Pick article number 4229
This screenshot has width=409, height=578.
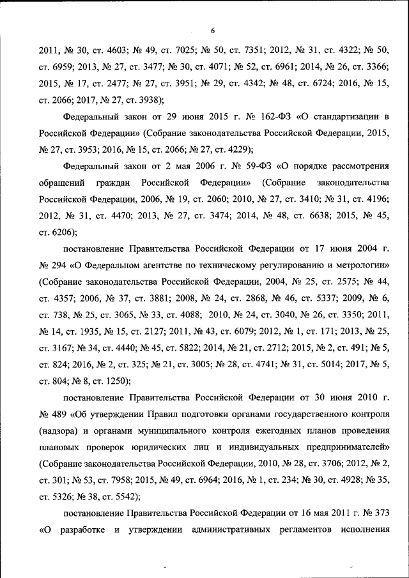point(238,150)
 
